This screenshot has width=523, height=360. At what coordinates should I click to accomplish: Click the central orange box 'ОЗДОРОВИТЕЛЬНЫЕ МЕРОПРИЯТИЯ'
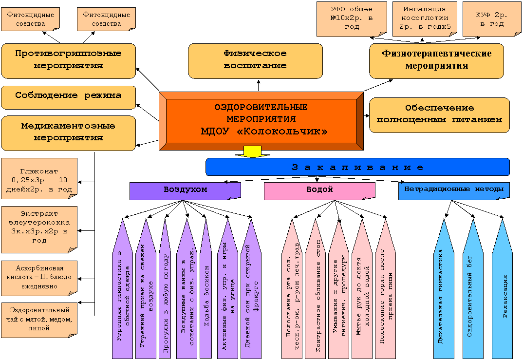click(x=261, y=121)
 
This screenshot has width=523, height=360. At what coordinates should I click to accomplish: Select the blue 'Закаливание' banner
click(x=357, y=167)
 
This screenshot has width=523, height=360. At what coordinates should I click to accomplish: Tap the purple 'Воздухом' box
click(x=185, y=191)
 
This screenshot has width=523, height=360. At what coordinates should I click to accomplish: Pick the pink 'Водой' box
click(x=319, y=191)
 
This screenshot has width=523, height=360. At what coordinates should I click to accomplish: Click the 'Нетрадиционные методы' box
click(x=454, y=191)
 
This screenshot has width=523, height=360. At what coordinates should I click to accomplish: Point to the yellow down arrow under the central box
click(x=253, y=152)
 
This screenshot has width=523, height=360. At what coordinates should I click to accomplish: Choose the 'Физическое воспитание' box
click(x=256, y=61)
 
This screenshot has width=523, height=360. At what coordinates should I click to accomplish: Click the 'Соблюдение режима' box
click(x=68, y=97)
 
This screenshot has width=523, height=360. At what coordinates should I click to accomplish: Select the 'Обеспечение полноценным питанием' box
click(x=439, y=115)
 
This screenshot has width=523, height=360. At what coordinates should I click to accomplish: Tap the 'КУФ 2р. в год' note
click(x=492, y=19)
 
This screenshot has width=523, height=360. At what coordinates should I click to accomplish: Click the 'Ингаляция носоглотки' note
click(x=425, y=19)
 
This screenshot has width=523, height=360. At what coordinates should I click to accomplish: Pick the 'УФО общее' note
click(x=352, y=19)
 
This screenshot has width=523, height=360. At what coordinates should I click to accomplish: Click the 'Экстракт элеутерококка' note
click(x=39, y=229)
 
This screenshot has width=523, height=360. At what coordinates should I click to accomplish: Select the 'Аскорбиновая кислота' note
click(x=39, y=278)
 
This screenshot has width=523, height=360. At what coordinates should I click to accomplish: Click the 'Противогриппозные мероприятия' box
click(x=68, y=61)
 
